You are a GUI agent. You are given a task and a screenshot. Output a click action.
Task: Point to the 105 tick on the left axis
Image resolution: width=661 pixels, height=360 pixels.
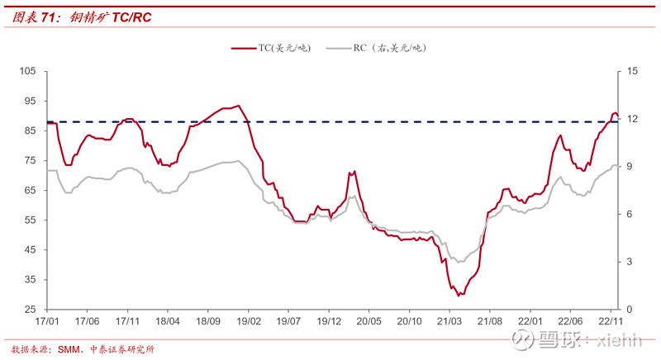[29, 72]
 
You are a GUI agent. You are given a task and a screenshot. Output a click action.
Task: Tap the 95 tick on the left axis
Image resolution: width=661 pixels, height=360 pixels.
[31, 102]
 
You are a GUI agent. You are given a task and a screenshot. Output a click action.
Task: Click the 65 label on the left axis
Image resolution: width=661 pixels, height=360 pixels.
[31, 191]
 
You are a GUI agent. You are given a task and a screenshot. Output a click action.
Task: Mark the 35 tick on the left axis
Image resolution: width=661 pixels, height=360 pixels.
[31, 280]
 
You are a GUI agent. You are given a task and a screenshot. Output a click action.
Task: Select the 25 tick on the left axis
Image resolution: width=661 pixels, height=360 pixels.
[31, 310]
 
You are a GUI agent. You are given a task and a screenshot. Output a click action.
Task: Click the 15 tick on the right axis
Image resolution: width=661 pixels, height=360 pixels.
[632, 72]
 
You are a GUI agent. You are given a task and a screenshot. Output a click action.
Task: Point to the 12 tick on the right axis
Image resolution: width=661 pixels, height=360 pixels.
[632, 120]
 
